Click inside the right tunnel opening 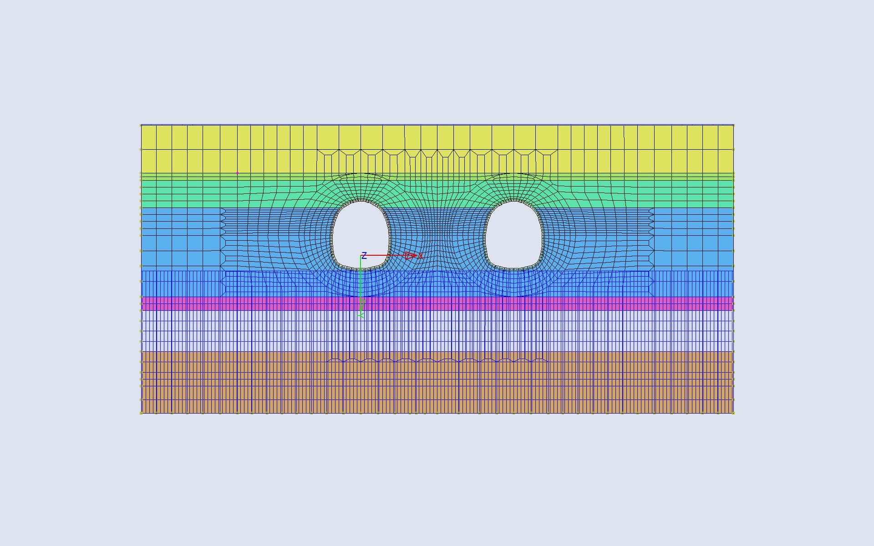point(513,234)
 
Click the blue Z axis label point(364,255)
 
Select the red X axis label point(421,256)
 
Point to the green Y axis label point(361,315)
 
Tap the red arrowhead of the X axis point(411,256)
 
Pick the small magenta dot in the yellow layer point(237,173)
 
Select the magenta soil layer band point(437,303)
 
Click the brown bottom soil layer point(437,382)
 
